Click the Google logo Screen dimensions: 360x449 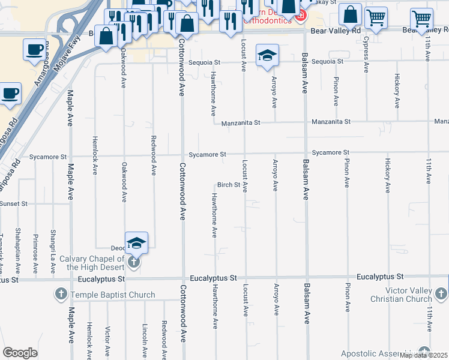[x=20, y=353]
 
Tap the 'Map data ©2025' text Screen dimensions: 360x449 [x=423, y=355]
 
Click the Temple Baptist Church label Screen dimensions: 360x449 [x=113, y=295]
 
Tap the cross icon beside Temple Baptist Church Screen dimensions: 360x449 [x=61, y=295]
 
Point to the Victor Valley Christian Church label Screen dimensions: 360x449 [x=402, y=295]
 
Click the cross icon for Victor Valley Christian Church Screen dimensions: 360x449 [x=441, y=293]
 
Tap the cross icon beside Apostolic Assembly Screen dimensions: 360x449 [x=424, y=352]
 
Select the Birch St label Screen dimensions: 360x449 [x=229, y=185]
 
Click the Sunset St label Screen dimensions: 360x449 [x=13, y=204]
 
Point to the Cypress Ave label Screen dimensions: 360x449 [x=366, y=54]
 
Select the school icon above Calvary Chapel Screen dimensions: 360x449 [x=136, y=243]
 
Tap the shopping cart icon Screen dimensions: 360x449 [x=376, y=19]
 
